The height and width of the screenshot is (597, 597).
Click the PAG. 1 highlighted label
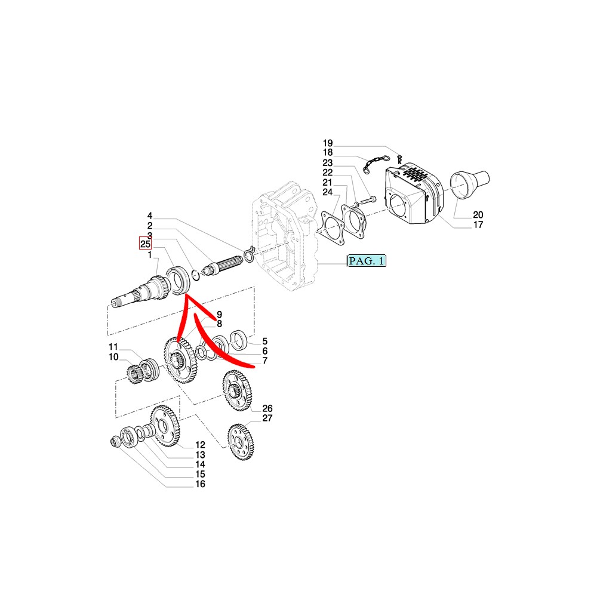pos(367,261)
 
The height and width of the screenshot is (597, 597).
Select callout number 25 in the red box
pos(146,244)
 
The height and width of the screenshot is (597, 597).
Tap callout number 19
pos(328,143)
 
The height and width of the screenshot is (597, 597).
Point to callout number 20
pos(478,215)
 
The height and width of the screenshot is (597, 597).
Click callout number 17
pos(478,224)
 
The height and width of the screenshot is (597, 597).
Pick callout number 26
pos(267,408)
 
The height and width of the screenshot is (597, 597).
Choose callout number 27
pos(267,418)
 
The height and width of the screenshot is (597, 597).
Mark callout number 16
pos(200,484)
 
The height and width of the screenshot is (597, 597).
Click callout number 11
pos(113,347)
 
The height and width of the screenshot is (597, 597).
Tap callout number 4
pos(150,216)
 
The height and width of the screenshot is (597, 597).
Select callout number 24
pos(327,192)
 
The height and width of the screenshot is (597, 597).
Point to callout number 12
pos(200,445)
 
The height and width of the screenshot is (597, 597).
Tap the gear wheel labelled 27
pos(241,442)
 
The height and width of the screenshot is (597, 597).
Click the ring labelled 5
pos(239,340)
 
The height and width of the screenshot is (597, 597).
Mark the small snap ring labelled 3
pos(195,275)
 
